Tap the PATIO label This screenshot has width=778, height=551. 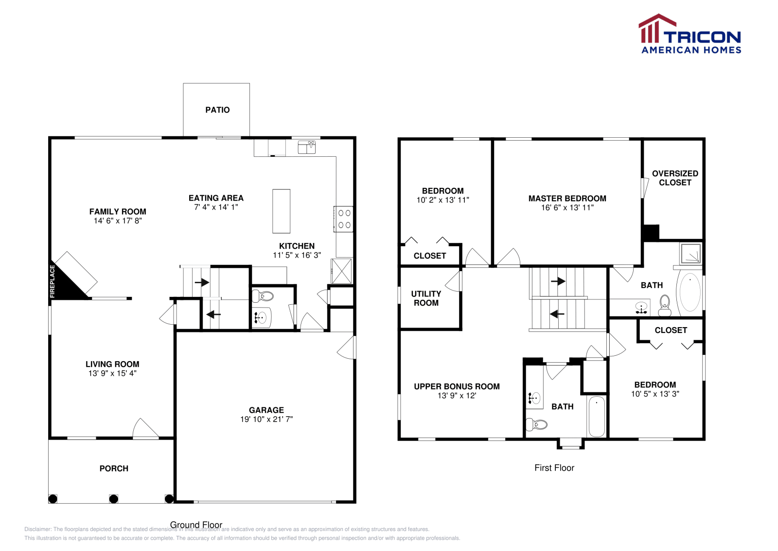217,110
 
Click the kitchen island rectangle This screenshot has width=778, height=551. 281,211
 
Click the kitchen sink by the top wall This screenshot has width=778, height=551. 307,147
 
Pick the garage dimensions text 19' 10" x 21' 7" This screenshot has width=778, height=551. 266,419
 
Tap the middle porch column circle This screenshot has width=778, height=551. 113,498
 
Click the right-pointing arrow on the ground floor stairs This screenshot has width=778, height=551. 202,282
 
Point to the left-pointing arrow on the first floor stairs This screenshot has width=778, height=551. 557,314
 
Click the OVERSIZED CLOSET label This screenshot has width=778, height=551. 675,178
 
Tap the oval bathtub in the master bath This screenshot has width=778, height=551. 690,292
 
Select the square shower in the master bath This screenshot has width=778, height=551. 691,254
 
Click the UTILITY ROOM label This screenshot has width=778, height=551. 426,298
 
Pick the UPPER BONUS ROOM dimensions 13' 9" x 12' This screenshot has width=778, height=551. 457,396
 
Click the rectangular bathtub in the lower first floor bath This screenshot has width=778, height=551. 597,417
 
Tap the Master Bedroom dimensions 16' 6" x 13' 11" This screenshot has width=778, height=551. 567,207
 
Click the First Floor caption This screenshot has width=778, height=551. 554,468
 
